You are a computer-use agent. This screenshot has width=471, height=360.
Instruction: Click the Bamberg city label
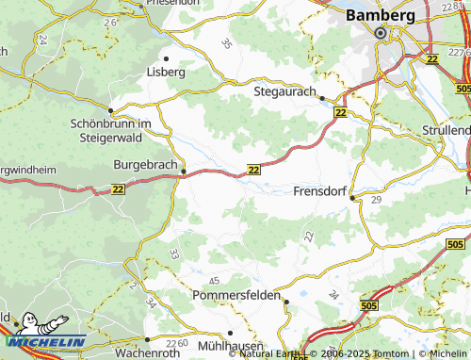pos(381,15)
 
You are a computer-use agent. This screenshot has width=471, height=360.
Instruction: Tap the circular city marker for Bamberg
pos(382,34)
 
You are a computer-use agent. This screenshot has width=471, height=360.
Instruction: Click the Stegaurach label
pos(284,91)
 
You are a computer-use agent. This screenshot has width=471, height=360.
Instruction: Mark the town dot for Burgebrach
pos(184,172)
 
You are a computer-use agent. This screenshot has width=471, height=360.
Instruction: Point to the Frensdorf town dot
pos(352,198)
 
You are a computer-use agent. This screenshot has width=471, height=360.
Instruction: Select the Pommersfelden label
pos(236,296)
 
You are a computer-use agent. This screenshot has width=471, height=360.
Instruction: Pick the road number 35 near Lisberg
pos(225,43)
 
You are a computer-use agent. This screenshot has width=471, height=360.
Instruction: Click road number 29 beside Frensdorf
pos(376,202)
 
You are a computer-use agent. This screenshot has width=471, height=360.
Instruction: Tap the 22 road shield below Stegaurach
pos(340,113)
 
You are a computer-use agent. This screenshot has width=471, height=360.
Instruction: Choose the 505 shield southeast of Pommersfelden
pos(370,305)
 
